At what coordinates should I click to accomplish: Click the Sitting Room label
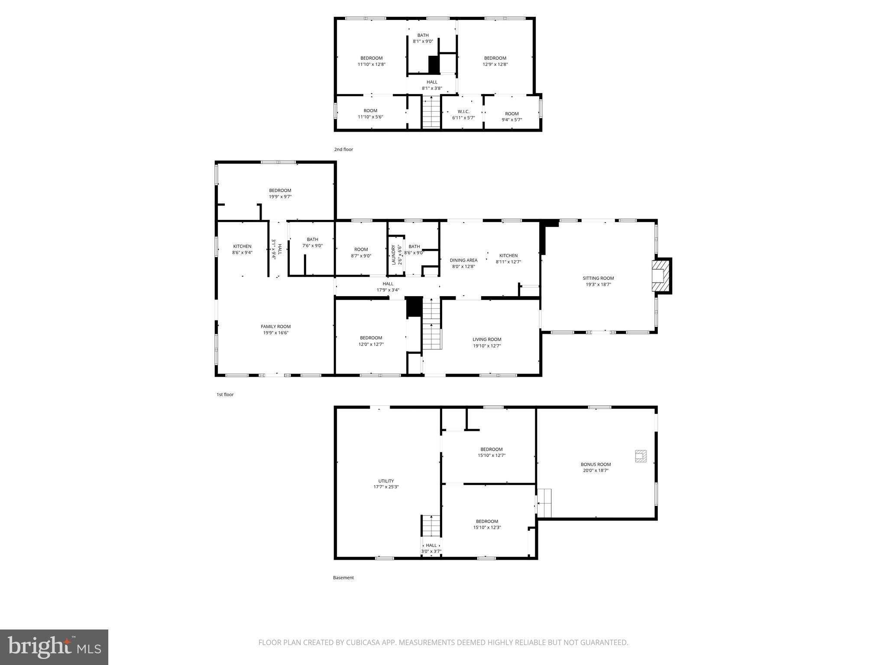[x=598, y=278]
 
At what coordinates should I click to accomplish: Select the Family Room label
[x=275, y=326]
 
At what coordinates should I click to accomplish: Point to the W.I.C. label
[x=463, y=111]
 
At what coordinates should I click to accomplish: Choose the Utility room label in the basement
[x=386, y=481]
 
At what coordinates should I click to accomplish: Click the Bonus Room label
[x=596, y=464]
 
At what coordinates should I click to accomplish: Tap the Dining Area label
[x=463, y=260]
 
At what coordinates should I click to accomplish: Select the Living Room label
[x=487, y=339]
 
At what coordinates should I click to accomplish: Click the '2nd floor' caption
[x=343, y=149]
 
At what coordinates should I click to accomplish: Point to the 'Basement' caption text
[x=343, y=578]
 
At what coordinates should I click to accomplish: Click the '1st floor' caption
[x=225, y=394]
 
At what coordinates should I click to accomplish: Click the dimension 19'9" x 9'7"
[x=280, y=197]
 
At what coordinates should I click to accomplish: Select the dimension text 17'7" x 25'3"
[x=386, y=487]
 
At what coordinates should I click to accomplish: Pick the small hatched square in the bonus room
[x=641, y=456]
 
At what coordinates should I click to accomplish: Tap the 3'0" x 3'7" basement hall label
[x=431, y=551]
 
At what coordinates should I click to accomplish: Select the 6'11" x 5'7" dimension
[x=463, y=118]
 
